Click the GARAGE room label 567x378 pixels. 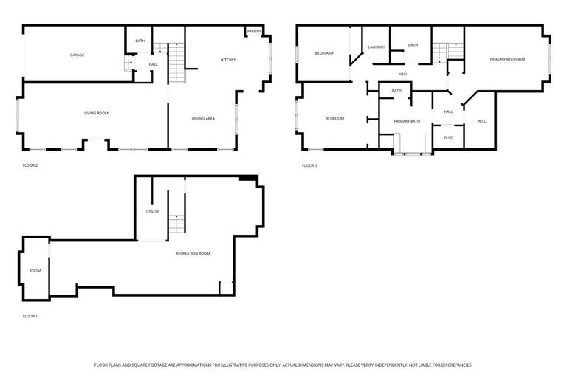(x=77, y=55)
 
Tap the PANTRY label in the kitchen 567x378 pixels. (x=253, y=32)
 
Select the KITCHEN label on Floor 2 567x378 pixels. (x=229, y=60)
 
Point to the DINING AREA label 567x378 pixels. (x=203, y=118)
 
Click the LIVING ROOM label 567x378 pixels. (x=96, y=113)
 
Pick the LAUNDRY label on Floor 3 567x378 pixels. (x=377, y=47)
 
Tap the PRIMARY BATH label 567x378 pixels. (x=407, y=120)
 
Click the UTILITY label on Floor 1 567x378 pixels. (x=152, y=212)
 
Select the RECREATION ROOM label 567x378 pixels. (x=193, y=253)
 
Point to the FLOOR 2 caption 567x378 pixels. (x=30, y=165)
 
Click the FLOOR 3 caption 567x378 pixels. (x=309, y=165)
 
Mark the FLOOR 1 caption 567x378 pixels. (x=30, y=317)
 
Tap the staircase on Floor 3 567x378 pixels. (x=440, y=52)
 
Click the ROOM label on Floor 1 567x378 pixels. (x=35, y=271)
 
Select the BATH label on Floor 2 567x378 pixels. (x=140, y=41)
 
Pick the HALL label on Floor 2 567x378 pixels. (x=153, y=65)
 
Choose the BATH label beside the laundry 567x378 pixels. (x=413, y=45)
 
